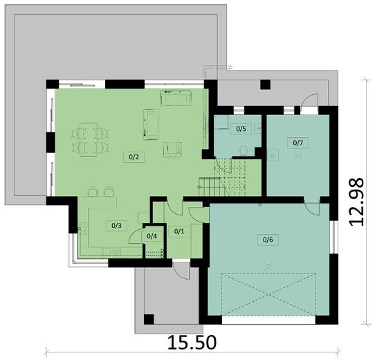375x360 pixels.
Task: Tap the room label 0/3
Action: click(x=117, y=225)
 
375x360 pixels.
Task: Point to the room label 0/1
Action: click(x=178, y=231)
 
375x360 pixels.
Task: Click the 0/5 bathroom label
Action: click(x=241, y=129)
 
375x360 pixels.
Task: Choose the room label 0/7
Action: click(x=298, y=143)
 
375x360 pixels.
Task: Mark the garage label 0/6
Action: click(x=268, y=240)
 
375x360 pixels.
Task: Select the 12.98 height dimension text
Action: click(x=356, y=199)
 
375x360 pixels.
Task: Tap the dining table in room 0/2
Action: click(x=93, y=138)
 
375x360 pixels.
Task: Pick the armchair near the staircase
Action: click(x=173, y=149)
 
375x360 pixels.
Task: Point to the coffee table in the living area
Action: click(x=150, y=123)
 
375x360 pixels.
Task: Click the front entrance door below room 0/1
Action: click(x=181, y=269)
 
